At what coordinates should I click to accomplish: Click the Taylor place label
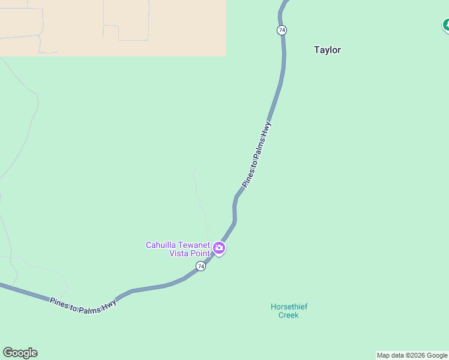coord(327,50)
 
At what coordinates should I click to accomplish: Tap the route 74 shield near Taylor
coord(282,30)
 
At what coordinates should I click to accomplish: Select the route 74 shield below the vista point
coord(200,266)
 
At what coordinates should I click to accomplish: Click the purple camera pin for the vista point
coord(219,248)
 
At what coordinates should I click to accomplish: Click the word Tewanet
coord(194,245)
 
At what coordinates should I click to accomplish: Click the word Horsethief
coord(289,307)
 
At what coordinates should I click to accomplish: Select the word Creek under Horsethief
coord(289,315)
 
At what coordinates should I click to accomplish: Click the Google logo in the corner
coord(20,353)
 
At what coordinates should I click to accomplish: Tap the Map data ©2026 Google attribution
coord(412,355)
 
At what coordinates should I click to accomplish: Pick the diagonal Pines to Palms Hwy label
coord(257,154)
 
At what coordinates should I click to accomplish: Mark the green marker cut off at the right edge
coord(446,25)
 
